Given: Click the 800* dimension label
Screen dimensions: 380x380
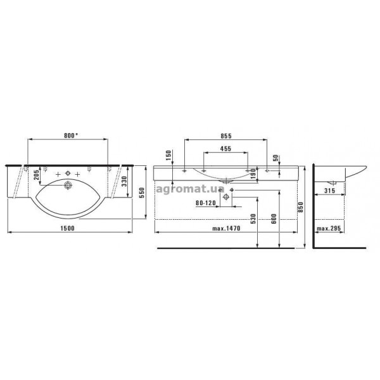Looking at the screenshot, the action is point(71,136).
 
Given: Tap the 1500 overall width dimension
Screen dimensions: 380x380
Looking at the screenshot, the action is point(68,228).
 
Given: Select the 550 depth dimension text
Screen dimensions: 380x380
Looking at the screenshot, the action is point(142,193).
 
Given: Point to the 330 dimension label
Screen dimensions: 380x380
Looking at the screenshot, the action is point(124,181).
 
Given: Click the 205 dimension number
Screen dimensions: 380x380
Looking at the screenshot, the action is point(36,175).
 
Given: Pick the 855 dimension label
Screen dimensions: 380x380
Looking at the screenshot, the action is point(226,136).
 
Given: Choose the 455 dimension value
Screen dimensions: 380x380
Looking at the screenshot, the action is point(225,148).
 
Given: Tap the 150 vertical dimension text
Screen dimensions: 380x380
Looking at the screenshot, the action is point(168,156).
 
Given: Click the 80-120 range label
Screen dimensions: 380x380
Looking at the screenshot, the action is point(206,203).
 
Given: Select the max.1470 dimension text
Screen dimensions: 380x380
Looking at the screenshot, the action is point(226,228).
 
